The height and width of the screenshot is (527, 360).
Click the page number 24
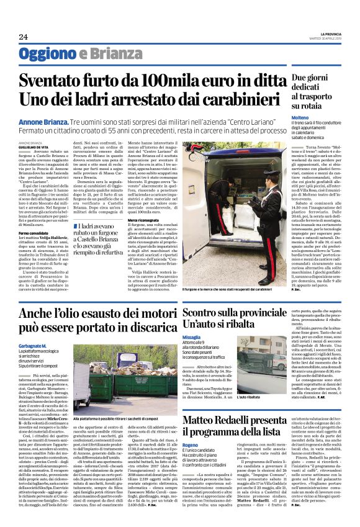[23, 37]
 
